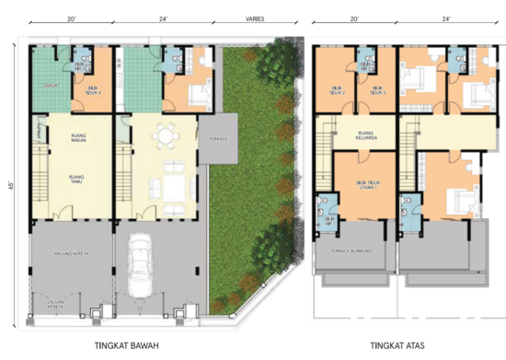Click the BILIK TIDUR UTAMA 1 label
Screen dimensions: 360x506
tap(367, 185)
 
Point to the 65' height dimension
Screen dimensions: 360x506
tap(10, 185)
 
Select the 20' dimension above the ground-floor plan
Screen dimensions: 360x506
tap(71, 17)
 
